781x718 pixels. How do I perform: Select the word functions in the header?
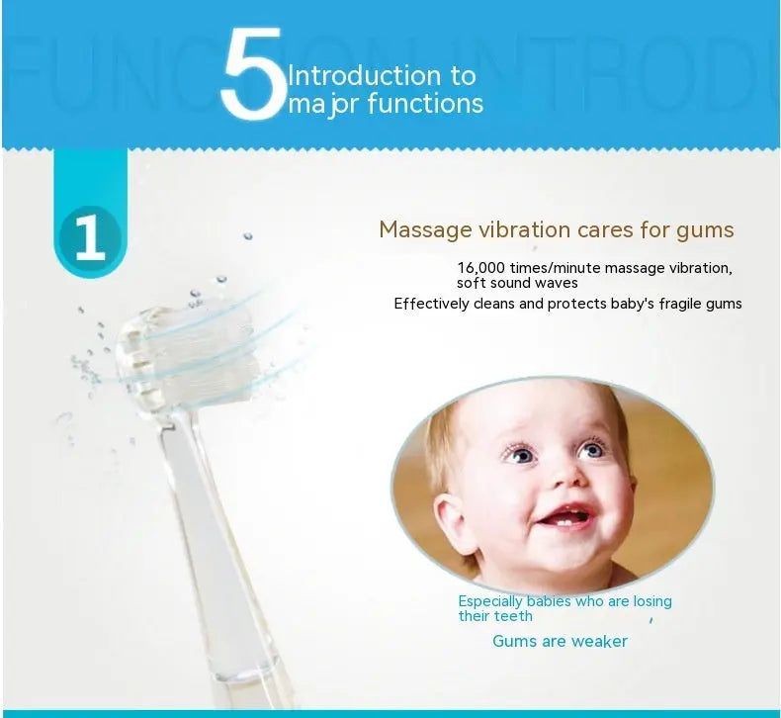[425, 104]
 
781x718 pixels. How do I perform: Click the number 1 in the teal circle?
[90, 238]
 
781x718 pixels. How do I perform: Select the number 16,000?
[483, 269]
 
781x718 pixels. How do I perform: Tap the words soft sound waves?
[517, 284]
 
